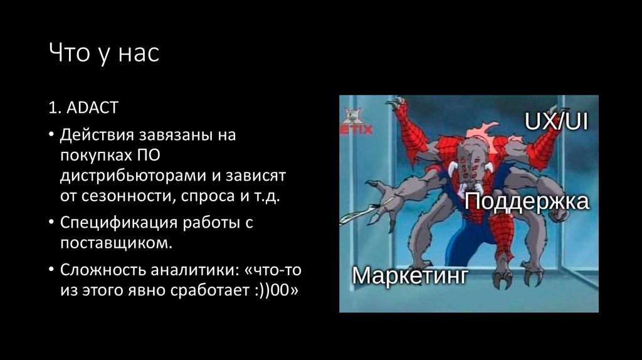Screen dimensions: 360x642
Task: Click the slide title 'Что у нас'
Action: pos(104,54)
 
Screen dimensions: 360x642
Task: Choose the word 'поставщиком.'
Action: pos(115,243)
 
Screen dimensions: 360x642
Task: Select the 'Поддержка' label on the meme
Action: pos(527,202)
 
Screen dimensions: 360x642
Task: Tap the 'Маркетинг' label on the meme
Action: pos(410,275)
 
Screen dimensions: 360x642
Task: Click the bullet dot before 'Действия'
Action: pos(51,136)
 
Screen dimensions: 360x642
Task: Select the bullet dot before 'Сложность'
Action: pos(51,271)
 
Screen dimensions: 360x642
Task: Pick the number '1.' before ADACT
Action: pos(55,108)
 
